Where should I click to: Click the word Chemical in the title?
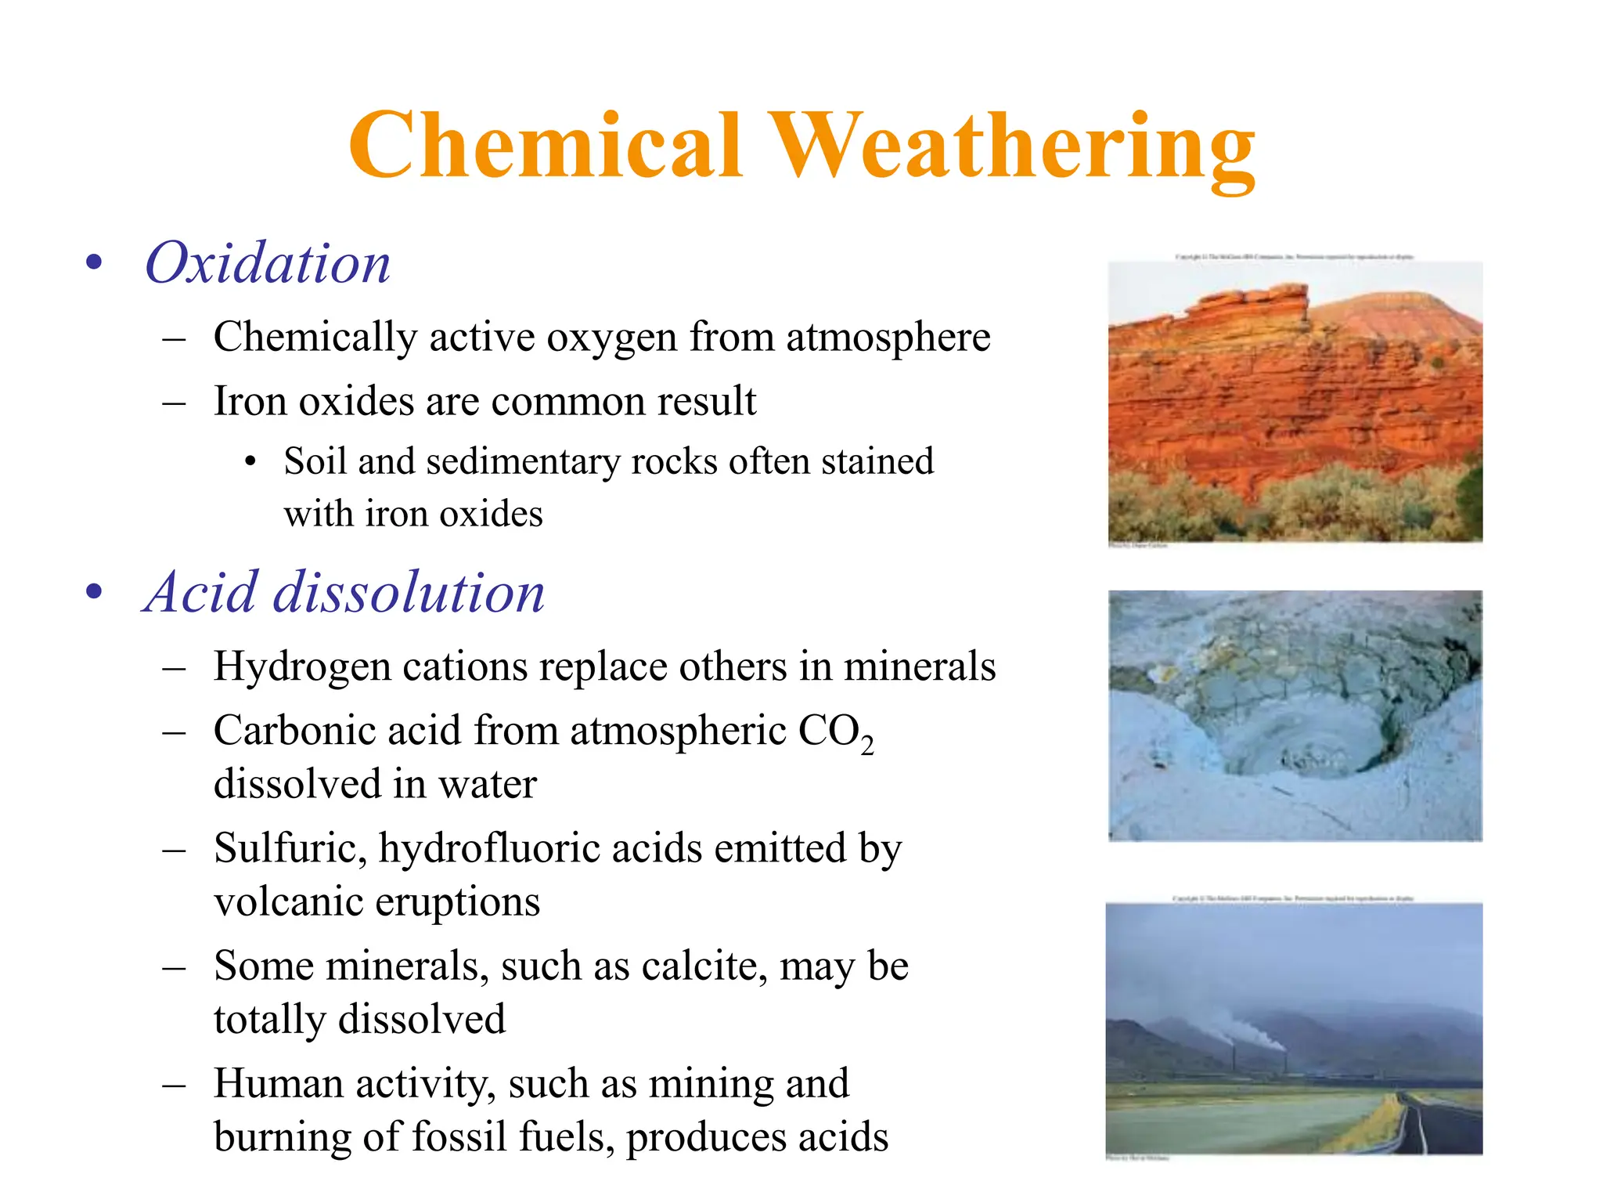click(x=545, y=146)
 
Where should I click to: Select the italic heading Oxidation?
click(x=268, y=263)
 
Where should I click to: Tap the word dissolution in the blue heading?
click(x=408, y=592)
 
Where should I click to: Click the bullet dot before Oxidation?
click(x=94, y=263)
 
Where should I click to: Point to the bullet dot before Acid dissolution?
click(x=94, y=592)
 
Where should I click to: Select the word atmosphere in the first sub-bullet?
click(x=888, y=337)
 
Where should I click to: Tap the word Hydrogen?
click(x=301, y=667)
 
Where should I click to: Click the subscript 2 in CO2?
click(x=866, y=746)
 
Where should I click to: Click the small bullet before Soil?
click(x=250, y=462)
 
